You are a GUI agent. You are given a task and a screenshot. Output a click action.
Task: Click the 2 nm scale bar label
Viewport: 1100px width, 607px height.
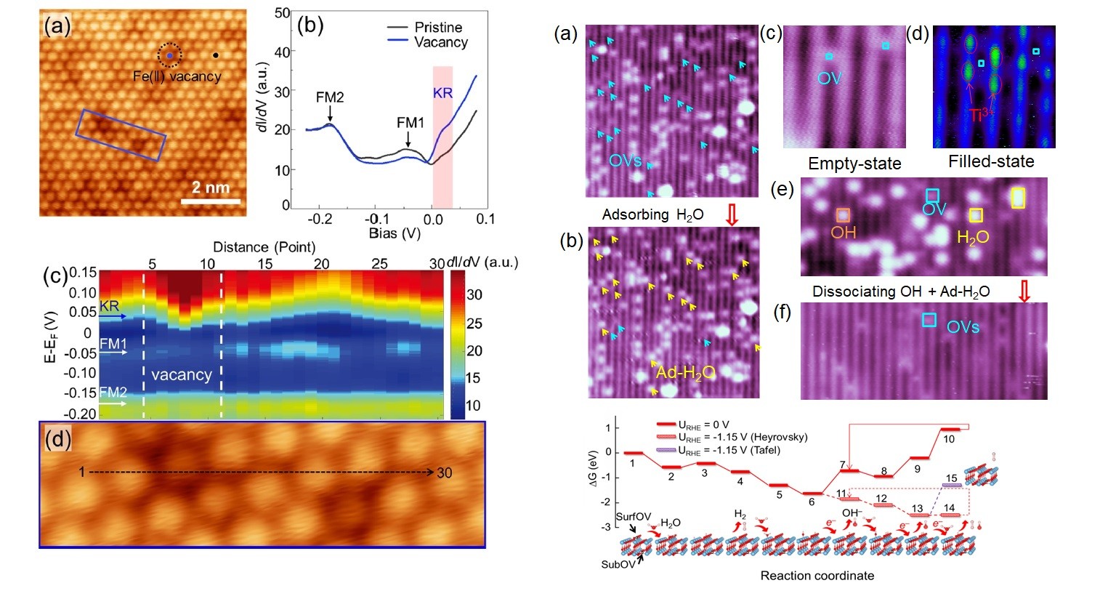coord(211,188)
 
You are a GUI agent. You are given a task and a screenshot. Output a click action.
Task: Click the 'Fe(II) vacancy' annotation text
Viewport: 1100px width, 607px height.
coord(177,76)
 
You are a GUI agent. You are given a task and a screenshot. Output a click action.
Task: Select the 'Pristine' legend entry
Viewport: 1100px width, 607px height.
coord(437,27)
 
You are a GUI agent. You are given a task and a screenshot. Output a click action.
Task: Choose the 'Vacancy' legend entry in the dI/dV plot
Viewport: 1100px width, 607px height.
coord(440,42)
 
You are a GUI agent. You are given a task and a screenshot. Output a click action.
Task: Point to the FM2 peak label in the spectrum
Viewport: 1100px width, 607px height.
coord(330,97)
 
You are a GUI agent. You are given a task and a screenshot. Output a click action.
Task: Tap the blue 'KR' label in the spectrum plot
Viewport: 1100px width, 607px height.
coord(442,94)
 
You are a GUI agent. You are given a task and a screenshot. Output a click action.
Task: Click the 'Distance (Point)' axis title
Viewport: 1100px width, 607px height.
coord(264,247)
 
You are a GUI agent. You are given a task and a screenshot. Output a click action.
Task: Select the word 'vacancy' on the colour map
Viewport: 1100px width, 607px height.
coord(182,375)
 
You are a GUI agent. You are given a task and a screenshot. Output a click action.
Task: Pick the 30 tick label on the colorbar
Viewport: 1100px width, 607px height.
coord(474,294)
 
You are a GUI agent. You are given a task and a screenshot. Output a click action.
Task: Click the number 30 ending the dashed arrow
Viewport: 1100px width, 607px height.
coord(445,473)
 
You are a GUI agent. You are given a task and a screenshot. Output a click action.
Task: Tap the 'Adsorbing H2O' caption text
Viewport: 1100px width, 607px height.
coord(652,214)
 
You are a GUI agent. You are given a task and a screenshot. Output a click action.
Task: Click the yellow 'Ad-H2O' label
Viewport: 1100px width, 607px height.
coord(685,373)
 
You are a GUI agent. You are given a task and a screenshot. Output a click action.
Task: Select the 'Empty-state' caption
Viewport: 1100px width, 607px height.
coord(854,164)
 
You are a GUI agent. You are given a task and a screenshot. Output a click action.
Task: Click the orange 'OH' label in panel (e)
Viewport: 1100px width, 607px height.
coord(844,233)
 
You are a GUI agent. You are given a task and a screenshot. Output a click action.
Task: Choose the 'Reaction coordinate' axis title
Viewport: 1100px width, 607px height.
coord(817,576)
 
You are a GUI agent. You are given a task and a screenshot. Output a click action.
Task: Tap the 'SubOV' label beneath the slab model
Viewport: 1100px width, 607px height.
coord(618,564)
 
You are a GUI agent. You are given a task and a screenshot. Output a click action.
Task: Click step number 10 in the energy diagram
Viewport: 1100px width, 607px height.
coord(949,439)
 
